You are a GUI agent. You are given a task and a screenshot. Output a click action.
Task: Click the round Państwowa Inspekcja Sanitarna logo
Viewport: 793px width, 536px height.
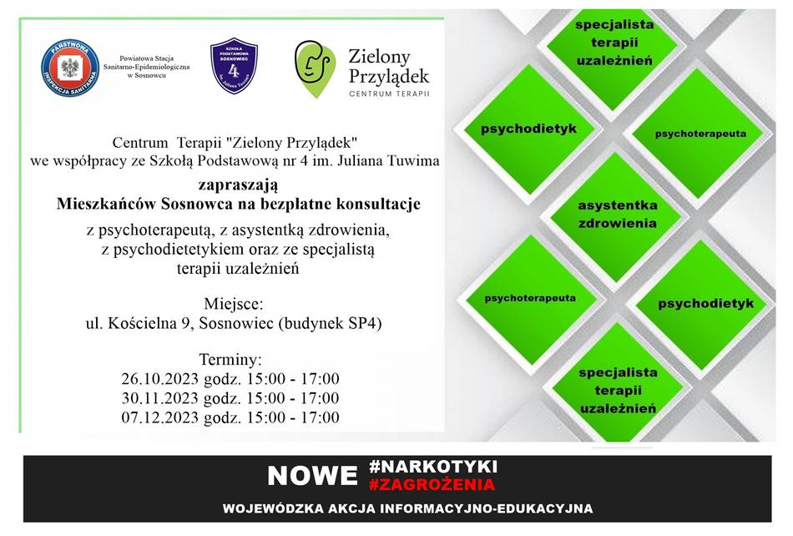click(70, 68)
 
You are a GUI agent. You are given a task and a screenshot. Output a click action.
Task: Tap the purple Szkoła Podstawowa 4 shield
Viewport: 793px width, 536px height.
click(234, 65)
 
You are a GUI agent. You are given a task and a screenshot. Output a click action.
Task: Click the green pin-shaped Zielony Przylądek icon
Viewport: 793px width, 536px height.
click(315, 68)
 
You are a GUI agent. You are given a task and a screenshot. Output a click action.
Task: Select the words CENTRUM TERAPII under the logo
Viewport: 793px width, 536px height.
click(389, 94)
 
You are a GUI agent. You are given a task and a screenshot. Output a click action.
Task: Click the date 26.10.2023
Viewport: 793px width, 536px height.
click(159, 379)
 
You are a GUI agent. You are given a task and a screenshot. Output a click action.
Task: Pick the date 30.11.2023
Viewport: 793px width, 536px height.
click(159, 398)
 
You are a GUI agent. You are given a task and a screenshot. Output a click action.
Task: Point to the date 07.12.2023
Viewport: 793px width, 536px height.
click(159, 417)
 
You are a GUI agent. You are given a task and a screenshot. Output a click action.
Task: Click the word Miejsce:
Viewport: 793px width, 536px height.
click(233, 304)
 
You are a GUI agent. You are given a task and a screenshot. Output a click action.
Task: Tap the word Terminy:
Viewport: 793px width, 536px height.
click(230, 360)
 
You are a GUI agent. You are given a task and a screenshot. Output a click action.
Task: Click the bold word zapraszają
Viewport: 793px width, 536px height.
click(238, 185)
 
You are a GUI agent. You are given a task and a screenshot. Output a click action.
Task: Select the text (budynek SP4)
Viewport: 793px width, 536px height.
click(331, 323)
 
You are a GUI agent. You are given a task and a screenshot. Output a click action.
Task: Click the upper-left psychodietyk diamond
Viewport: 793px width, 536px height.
click(528, 129)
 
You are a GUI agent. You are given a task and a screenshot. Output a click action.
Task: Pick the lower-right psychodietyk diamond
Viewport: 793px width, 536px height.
click(705, 304)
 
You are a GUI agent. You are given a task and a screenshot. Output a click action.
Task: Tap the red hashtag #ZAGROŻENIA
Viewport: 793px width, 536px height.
click(432, 485)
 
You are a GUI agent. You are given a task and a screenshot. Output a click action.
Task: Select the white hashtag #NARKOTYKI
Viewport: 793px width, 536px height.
click(433, 466)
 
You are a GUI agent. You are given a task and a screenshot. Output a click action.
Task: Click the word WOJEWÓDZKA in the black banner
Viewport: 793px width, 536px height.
click(274, 508)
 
